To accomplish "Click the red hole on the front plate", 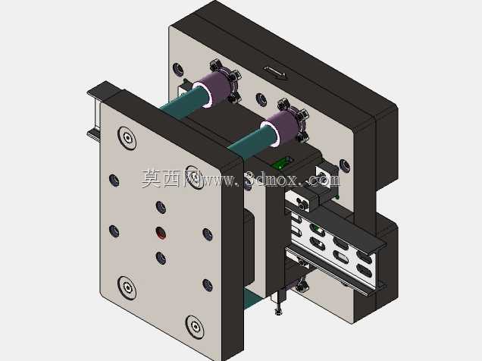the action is point(161,233).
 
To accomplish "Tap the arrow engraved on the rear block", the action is point(276,73).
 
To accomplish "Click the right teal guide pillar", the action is point(253,141).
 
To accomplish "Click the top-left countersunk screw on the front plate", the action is point(127,138).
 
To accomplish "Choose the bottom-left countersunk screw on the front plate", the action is point(127,287).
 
